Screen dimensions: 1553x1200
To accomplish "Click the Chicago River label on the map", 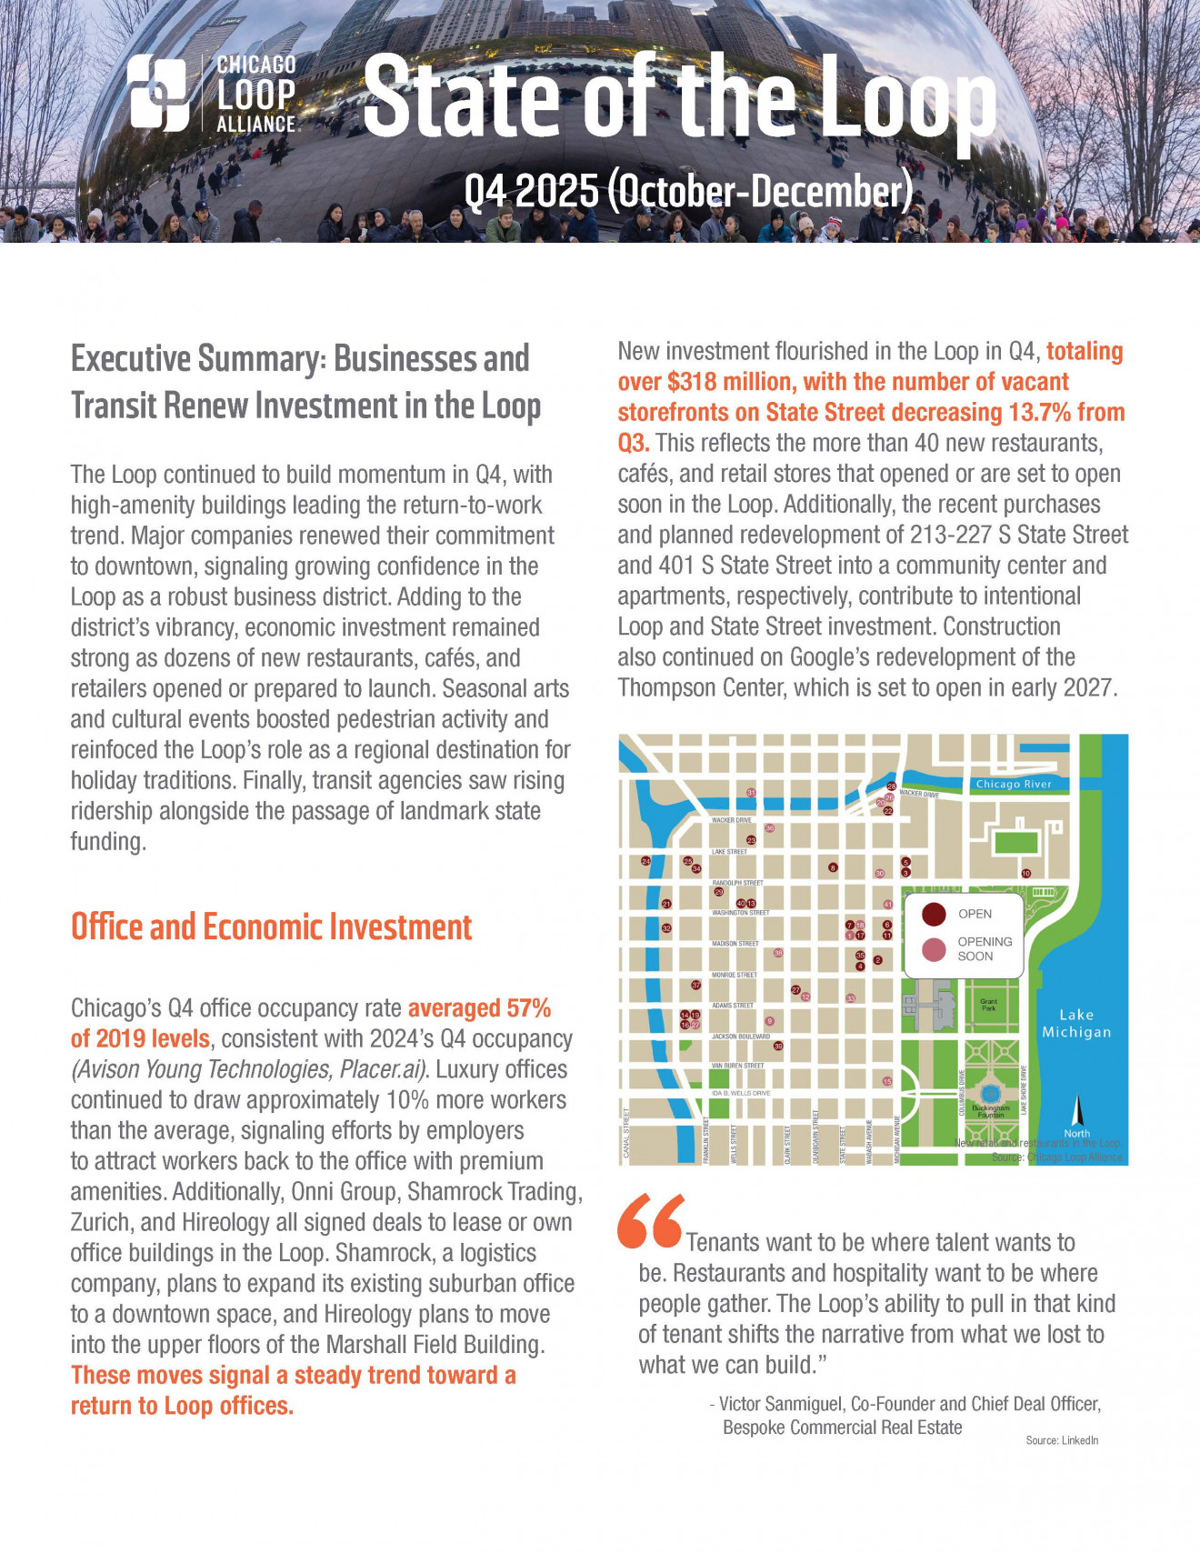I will (x=1013, y=784).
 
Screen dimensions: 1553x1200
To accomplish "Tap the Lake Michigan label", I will (x=1076, y=1023).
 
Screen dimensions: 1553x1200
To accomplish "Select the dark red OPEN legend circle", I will (x=934, y=914).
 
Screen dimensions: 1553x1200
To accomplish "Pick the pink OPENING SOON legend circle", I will (x=934, y=949).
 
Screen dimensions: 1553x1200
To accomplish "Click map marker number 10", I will (x=1026, y=873).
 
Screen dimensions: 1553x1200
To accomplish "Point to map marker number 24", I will (x=646, y=861).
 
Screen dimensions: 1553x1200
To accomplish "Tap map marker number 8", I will (x=833, y=867).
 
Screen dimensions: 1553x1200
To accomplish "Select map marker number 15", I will (x=887, y=1081).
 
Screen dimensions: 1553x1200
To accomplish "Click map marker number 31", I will (x=751, y=793).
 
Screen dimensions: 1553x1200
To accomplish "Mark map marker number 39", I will (x=778, y=1046).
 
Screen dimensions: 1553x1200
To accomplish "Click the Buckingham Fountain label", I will (x=990, y=1111).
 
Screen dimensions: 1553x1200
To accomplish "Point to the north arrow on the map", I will (x=1077, y=1111).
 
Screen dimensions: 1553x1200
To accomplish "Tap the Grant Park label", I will (x=989, y=1005).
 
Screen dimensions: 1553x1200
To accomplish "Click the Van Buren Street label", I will (x=737, y=1065).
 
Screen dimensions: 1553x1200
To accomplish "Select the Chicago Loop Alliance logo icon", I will (x=159, y=92).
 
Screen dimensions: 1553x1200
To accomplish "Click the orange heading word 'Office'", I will (x=106, y=927).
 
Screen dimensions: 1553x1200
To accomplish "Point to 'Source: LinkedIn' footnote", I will (x=1062, y=1440).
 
